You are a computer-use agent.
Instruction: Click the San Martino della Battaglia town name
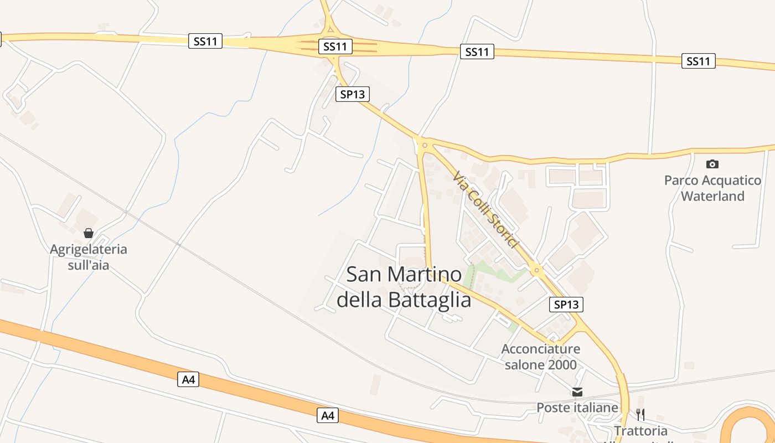point(404,287)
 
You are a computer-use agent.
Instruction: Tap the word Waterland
point(712,196)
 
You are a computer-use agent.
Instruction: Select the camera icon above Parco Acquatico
point(712,164)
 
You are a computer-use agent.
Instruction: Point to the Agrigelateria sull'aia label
point(89,257)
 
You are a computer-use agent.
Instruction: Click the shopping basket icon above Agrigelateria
point(89,233)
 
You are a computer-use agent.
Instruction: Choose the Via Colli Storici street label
point(485,209)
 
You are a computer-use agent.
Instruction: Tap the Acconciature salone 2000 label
point(541,357)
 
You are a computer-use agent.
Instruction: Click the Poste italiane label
point(577,408)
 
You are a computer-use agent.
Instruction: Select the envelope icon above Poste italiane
point(577,392)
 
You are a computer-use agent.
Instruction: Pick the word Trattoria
point(640,430)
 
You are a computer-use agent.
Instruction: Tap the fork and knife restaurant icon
point(640,414)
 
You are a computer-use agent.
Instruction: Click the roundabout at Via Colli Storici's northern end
point(425,145)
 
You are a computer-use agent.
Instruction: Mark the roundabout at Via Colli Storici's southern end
point(536,270)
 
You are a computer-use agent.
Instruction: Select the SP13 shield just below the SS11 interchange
point(352,94)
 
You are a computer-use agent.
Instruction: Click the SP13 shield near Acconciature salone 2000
point(567,304)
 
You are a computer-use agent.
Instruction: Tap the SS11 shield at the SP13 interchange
point(335,47)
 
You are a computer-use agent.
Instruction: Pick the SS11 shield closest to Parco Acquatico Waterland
point(698,61)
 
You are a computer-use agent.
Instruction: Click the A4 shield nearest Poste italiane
point(328,415)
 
